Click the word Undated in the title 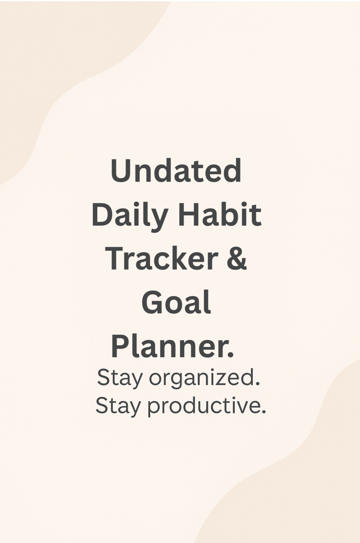[x=176, y=171]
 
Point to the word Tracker [x=162, y=258]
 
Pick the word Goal [x=176, y=303]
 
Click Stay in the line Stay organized [x=120, y=377]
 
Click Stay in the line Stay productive [x=118, y=406]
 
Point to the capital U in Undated [x=121, y=171]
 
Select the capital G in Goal [x=153, y=303]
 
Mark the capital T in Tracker [x=115, y=258]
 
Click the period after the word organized [x=257, y=384]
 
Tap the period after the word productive [x=264, y=413]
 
